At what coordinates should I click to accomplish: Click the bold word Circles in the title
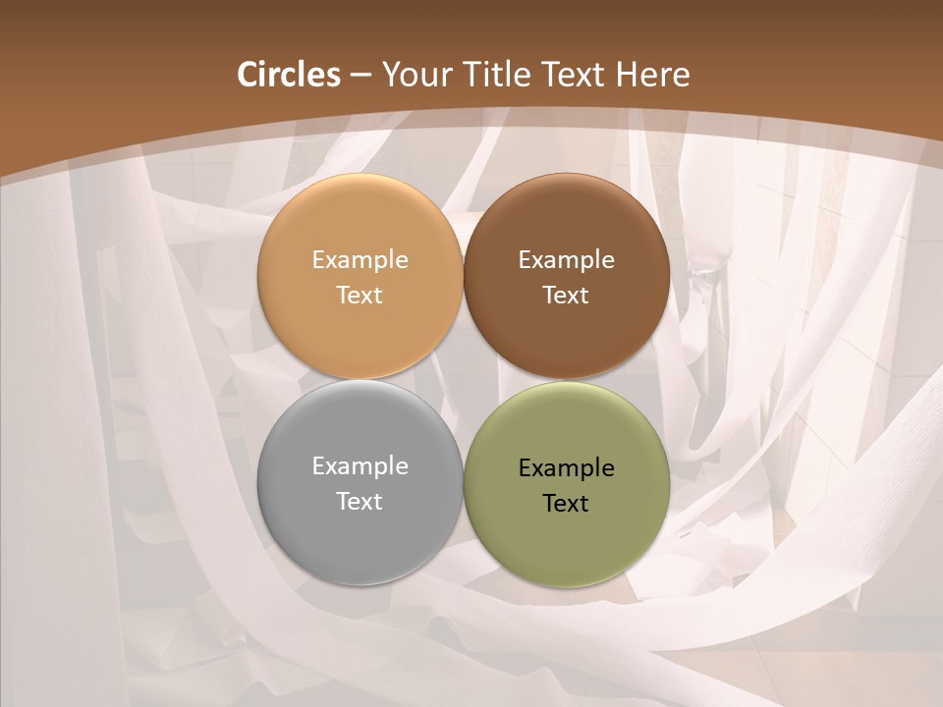coord(289,75)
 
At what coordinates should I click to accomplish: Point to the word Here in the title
coord(652,75)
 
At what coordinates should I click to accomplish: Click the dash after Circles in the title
coord(361,76)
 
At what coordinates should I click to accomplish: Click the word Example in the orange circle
coord(360,260)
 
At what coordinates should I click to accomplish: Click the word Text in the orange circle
coord(360,295)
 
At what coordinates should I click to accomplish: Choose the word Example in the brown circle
coord(567,260)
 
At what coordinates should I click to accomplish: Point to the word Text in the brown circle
coord(567,295)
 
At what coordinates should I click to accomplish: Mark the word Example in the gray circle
coord(360,466)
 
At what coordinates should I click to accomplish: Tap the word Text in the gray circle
coord(360,501)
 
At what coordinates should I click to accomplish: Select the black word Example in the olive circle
coord(567,468)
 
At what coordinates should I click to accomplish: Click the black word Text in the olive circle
coord(567,503)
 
